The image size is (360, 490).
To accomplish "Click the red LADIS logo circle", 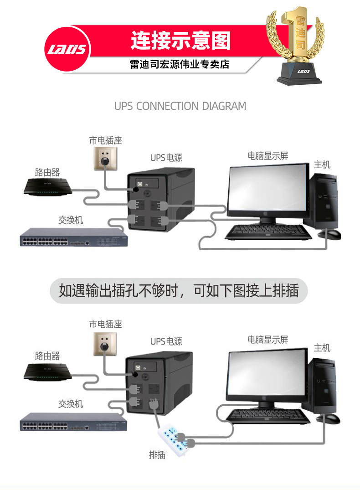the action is [x=68, y=49].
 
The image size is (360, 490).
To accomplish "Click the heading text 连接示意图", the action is [x=180, y=41].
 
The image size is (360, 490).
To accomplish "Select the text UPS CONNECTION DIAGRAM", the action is [x=180, y=106].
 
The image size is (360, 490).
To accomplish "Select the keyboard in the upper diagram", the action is [x=269, y=232].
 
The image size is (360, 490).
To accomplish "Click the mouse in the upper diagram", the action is [x=331, y=234].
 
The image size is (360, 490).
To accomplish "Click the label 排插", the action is [x=157, y=454].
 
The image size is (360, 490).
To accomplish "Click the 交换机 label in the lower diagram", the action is [x=71, y=404].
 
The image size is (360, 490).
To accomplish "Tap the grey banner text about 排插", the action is [x=179, y=291].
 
